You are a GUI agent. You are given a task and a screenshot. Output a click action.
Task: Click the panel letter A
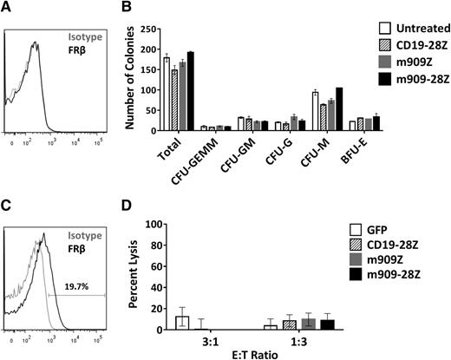pos(7,8)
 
